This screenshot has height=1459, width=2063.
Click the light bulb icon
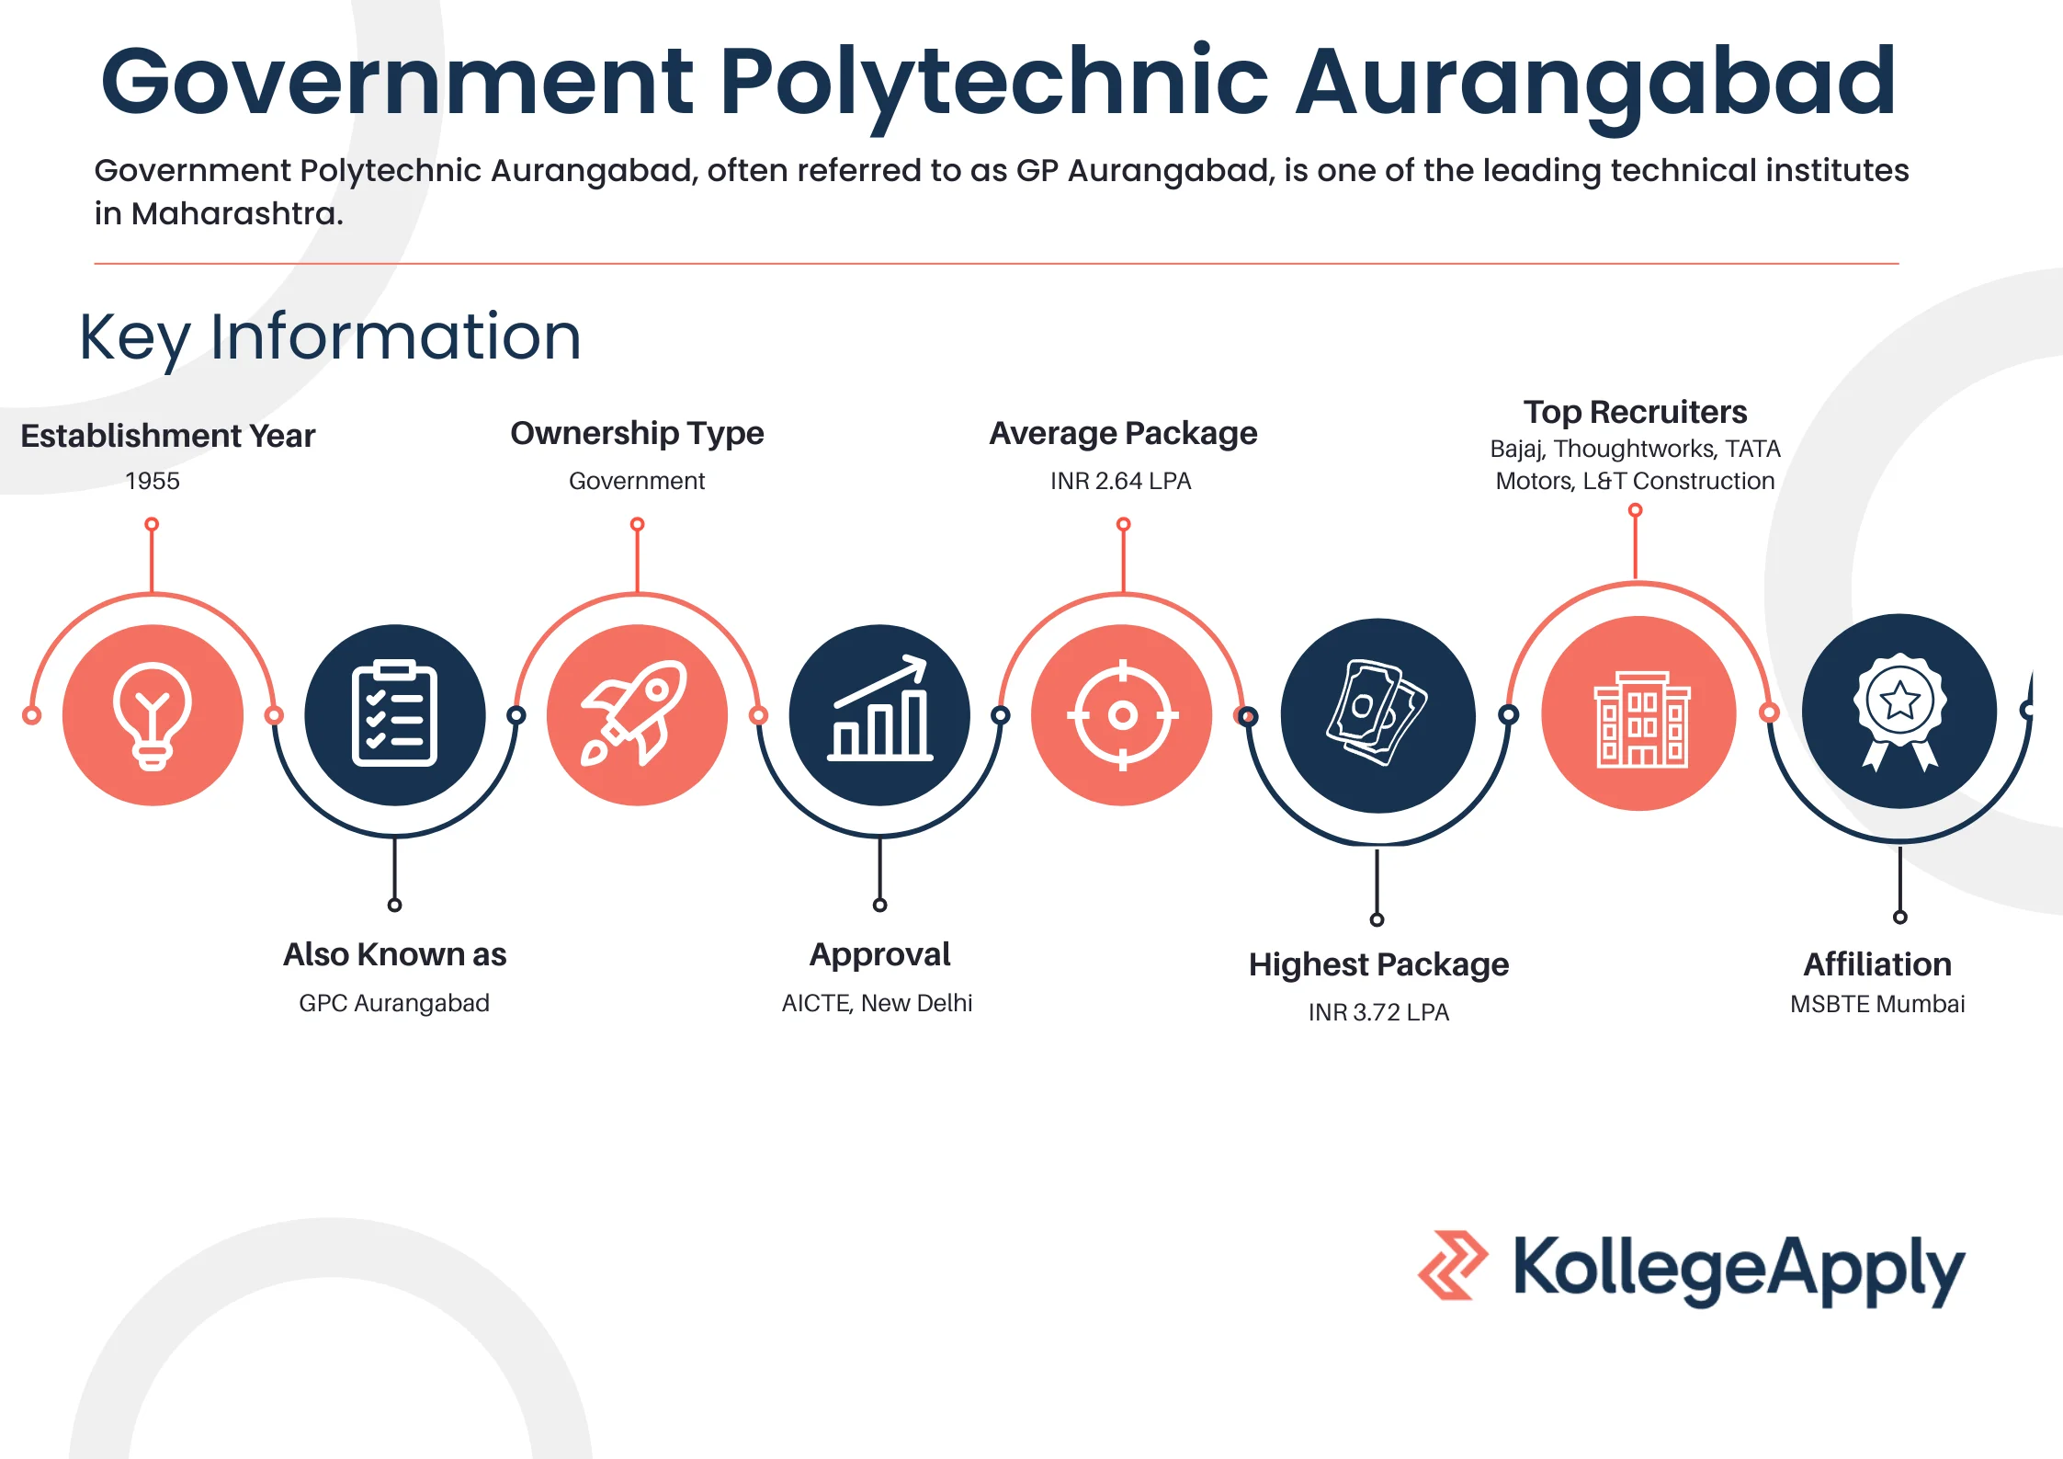153,715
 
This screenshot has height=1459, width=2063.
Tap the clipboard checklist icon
394,712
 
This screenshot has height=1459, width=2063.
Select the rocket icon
635,713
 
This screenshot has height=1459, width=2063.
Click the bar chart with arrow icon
879,708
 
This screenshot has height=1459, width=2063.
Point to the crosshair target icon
1122,714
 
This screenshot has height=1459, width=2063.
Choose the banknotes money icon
1377,712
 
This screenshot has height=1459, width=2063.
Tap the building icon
1641,719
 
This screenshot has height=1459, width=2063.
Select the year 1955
153,481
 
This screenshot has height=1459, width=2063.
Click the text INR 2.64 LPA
1121,481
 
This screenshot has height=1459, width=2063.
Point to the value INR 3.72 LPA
1378,1012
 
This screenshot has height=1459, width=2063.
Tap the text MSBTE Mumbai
1877,1004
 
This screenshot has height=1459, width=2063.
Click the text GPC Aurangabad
394,1003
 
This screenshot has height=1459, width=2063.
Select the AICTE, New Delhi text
877,1003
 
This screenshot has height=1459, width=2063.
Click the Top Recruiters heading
1636,412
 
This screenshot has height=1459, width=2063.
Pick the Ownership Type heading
637,434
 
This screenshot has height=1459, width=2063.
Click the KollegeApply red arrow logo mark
1453,1265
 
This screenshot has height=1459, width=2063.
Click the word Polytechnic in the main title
994,85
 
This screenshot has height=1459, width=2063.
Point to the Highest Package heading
1378,964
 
